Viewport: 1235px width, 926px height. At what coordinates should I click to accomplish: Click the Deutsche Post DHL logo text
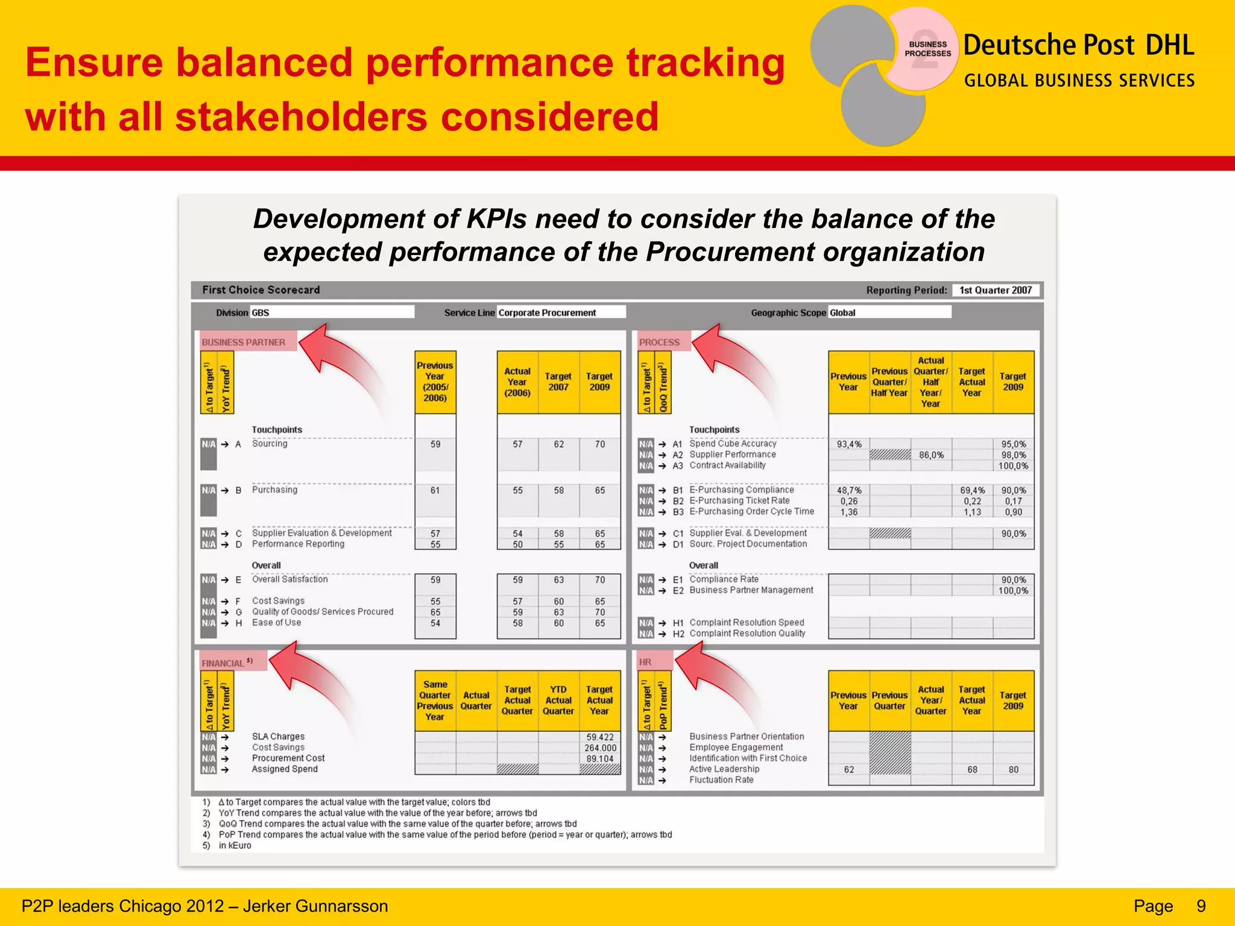[1078, 46]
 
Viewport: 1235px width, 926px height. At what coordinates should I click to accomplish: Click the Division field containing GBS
[332, 312]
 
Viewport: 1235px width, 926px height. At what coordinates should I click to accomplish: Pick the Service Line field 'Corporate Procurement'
[561, 312]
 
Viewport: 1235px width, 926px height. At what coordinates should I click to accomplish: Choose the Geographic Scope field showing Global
[889, 312]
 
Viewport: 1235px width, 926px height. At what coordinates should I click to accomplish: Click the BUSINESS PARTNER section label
[244, 342]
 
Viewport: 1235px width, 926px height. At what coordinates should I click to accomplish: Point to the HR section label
[645, 662]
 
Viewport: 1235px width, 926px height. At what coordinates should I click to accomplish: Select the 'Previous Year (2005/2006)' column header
[435, 382]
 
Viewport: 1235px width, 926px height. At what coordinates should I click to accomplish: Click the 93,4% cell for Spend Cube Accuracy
[849, 444]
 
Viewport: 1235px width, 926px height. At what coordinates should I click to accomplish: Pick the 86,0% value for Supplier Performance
[931, 455]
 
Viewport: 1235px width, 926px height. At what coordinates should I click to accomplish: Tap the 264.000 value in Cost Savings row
[600, 748]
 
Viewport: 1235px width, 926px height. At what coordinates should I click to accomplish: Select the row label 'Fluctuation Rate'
[721, 780]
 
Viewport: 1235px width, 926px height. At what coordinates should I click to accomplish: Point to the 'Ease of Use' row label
[276, 623]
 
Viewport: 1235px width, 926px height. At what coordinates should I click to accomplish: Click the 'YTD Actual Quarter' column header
[558, 700]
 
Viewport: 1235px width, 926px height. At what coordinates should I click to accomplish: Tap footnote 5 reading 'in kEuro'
[235, 845]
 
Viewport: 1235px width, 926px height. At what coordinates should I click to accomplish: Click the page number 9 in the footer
[1201, 906]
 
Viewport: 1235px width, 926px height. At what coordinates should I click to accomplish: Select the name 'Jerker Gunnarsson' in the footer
[315, 906]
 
